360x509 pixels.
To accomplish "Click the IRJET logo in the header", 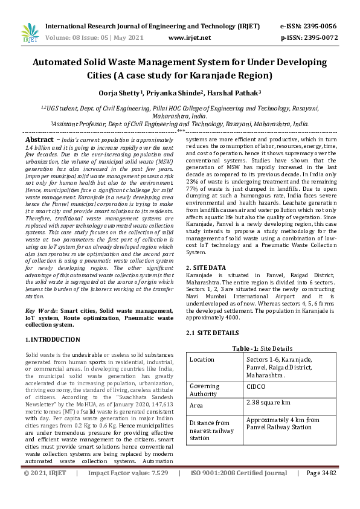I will [28, 33].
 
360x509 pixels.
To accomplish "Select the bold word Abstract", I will [39, 139].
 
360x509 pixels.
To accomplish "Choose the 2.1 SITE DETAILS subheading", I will [212, 333].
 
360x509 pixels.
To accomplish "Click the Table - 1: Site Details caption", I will [262, 348].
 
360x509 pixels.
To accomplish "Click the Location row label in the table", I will [202, 359].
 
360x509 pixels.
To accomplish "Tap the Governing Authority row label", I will [204, 389].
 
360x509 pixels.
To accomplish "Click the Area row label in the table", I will [197, 405].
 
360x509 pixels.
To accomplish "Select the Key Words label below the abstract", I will [40, 310].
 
